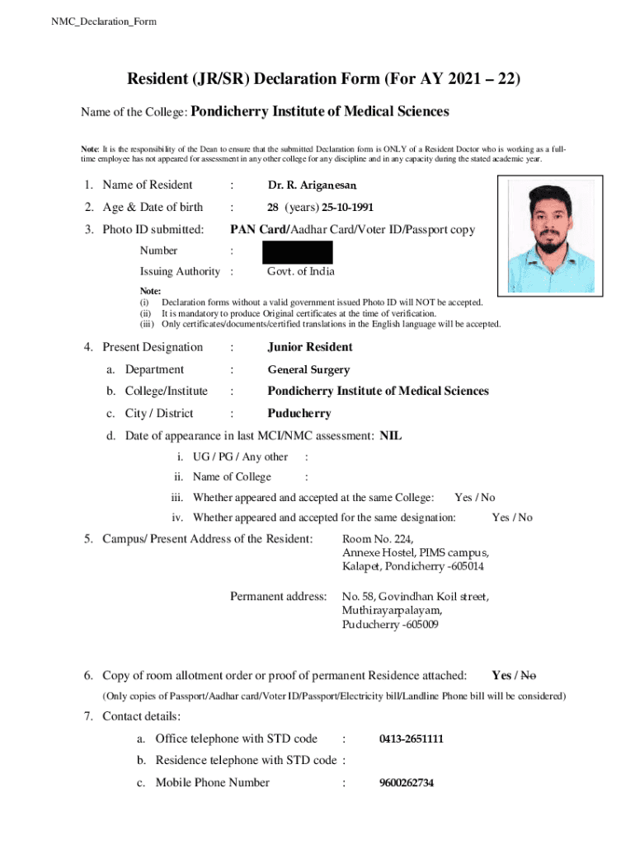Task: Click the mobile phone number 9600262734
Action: [x=407, y=783]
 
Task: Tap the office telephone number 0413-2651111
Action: [x=412, y=738]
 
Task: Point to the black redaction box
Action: [x=298, y=252]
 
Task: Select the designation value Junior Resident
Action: [x=310, y=347]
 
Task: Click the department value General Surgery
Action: [x=308, y=370]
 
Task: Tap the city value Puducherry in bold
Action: [x=299, y=413]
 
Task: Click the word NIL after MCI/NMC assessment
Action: [x=391, y=435]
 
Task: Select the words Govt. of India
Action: [x=301, y=272]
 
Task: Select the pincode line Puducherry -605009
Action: [x=390, y=625]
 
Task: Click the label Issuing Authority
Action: [x=180, y=272]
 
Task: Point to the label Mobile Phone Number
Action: [x=213, y=782]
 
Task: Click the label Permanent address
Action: [x=279, y=595]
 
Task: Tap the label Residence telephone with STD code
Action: [x=246, y=760]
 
